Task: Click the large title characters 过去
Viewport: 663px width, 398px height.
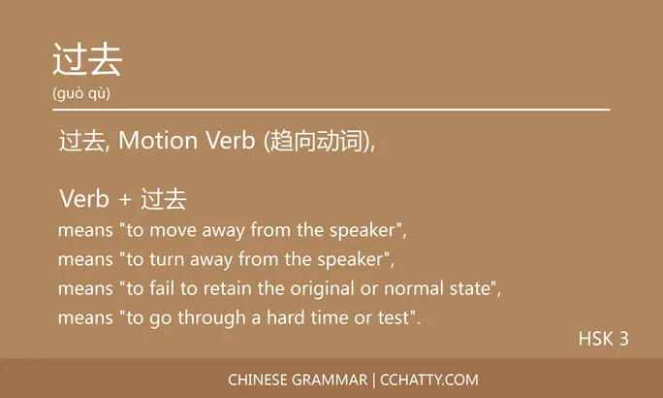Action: click(x=87, y=61)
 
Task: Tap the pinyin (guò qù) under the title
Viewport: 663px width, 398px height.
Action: click(x=81, y=93)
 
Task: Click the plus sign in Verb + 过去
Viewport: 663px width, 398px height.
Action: click(x=124, y=200)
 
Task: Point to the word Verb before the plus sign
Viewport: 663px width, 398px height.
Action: click(x=83, y=200)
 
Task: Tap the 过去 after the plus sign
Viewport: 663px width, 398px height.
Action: click(x=163, y=200)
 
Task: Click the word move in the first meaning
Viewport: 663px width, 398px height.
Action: click(x=166, y=231)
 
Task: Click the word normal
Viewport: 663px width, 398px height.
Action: click(x=412, y=289)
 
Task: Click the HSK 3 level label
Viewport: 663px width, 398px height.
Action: click(x=603, y=339)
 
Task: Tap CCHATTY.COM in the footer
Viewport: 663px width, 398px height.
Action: click(x=431, y=380)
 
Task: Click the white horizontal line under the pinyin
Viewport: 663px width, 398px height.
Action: click(x=331, y=110)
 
